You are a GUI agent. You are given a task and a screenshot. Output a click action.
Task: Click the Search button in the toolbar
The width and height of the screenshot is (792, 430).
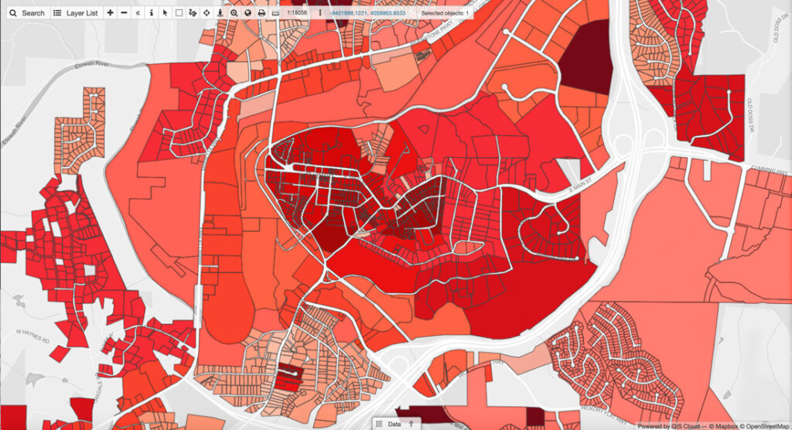tap(27, 13)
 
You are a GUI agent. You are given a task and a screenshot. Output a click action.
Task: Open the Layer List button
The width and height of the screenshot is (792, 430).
tap(76, 13)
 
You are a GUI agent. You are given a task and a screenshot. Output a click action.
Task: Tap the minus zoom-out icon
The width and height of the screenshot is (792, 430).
tap(124, 13)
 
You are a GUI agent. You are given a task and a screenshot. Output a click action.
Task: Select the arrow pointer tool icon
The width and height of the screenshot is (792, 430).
tap(165, 13)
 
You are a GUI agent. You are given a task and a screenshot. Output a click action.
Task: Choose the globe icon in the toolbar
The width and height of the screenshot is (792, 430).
tap(247, 13)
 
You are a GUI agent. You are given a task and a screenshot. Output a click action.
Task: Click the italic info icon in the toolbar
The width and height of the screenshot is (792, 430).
tap(151, 13)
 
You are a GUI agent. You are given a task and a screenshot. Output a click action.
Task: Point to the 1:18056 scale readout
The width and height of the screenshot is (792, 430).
tap(298, 13)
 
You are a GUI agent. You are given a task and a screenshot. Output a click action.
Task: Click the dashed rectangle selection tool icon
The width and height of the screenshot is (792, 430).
tap(179, 13)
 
